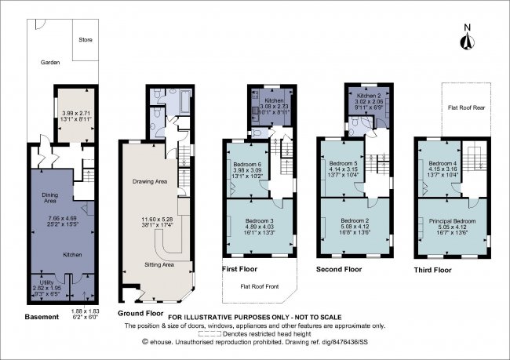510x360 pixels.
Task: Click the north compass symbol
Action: pos(466,43)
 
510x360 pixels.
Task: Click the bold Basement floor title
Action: pos(42,317)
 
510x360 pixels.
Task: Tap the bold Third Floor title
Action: pos(432,270)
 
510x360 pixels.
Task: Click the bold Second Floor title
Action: pos(338,269)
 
